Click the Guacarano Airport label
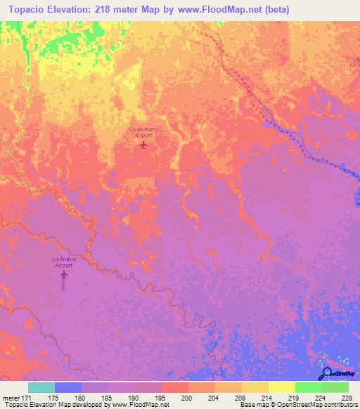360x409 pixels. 143,133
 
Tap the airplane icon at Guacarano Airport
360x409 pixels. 144,145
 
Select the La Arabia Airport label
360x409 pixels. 64,262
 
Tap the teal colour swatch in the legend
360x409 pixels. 41,387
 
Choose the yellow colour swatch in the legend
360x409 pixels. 281,387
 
